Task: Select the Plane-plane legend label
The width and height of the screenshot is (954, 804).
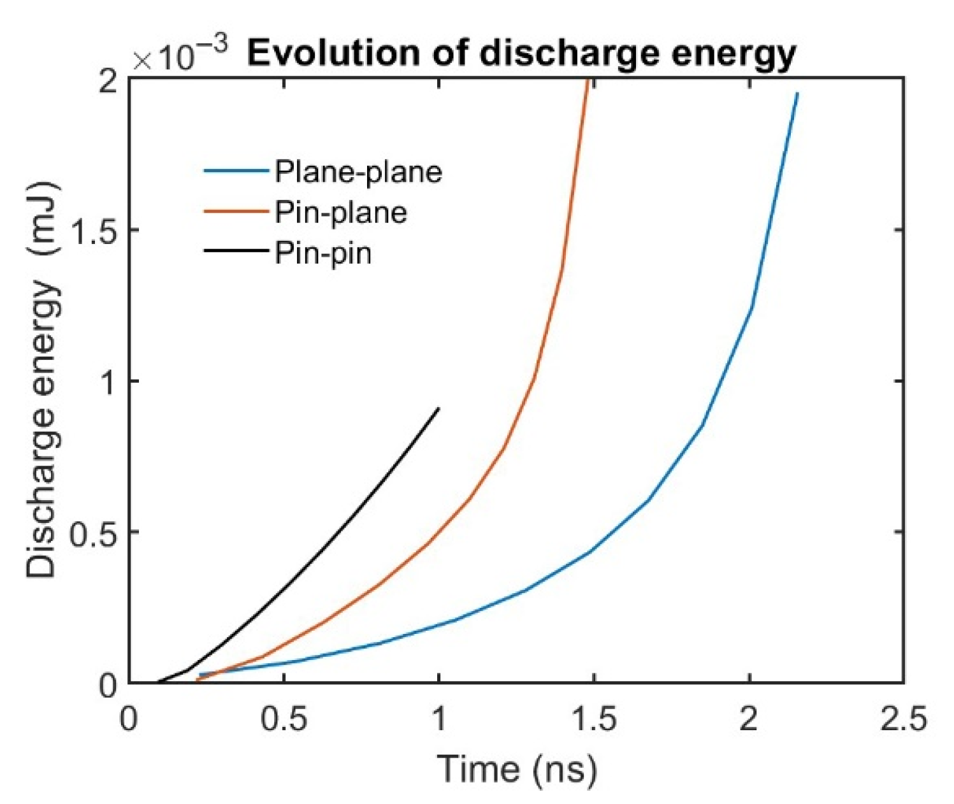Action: point(358,172)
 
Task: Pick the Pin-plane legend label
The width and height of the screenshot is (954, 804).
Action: point(340,212)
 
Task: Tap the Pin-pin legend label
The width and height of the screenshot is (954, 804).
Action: point(322,254)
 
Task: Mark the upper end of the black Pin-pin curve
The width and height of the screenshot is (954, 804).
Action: point(438,408)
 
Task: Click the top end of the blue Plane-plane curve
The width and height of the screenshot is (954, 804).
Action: point(797,94)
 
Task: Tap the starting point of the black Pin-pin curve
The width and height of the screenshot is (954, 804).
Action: point(158,682)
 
